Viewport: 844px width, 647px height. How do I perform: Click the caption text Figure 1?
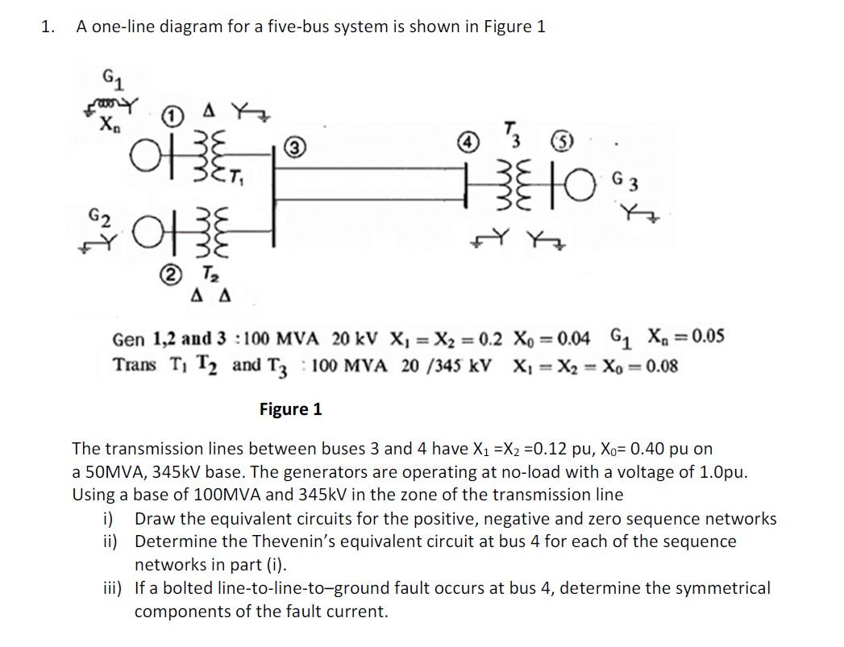click(x=290, y=409)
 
